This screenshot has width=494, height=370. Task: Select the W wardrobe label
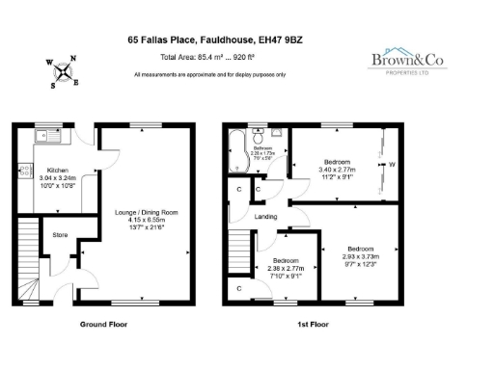[x=392, y=164]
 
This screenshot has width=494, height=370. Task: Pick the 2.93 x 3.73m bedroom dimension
[x=361, y=254]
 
